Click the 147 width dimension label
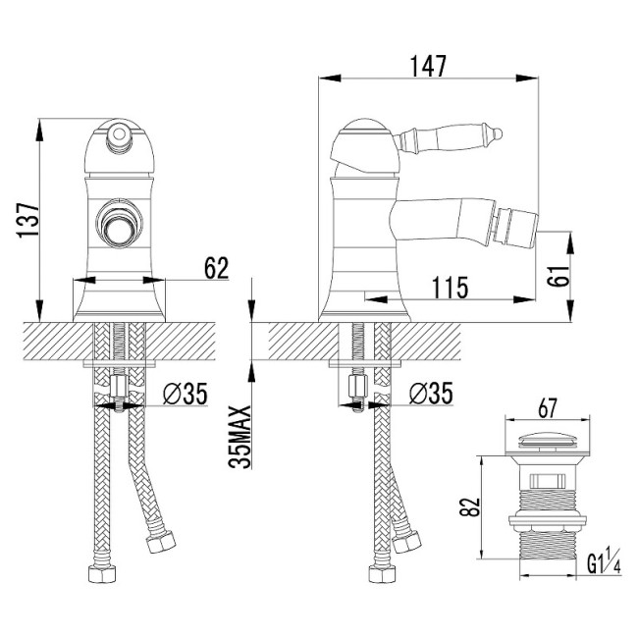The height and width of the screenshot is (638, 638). click(x=428, y=66)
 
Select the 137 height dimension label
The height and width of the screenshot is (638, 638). click(x=28, y=220)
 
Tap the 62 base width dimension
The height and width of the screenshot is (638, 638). click(x=217, y=268)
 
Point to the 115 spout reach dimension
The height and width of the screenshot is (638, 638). click(x=450, y=288)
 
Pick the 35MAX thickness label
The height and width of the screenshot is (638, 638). click(x=239, y=437)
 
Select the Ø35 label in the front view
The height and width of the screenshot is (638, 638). click(x=186, y=394)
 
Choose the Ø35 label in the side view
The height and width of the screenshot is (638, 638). click(x=431, y=394)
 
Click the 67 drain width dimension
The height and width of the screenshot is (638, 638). click(x=547, y=408)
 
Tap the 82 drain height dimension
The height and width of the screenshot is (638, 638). click(x=470, y=507)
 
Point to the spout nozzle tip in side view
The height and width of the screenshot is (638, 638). click(x=515, y=227)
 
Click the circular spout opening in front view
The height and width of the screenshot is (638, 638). click(x=119, y=222)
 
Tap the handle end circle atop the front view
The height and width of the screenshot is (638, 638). click(x=119, y=133)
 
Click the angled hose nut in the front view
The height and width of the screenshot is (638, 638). click(x=161, y=541)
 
